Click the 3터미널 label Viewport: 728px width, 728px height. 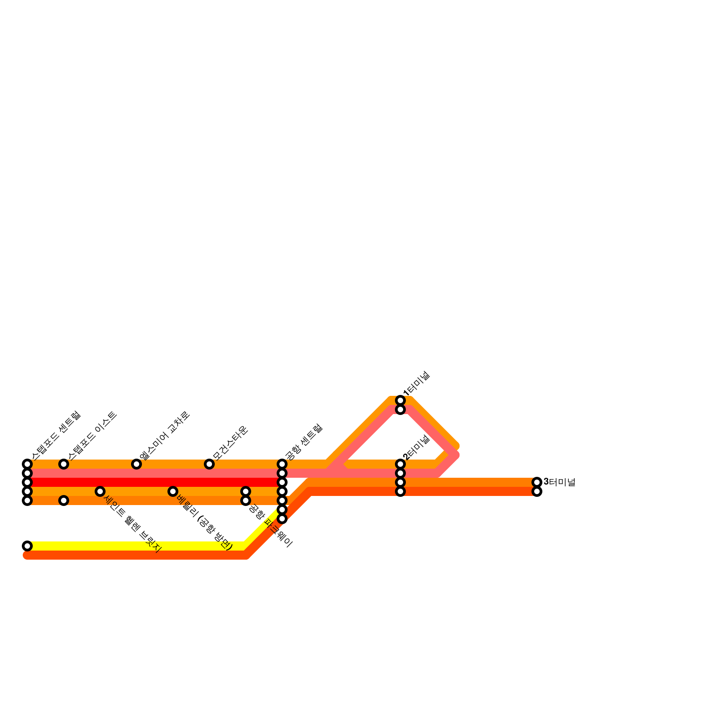[x=560, y=482]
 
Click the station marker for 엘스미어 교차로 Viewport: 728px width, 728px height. [x=136, y=464]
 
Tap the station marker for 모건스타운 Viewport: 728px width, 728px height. [x=209, y=464]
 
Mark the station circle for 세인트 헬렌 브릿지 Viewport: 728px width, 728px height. [x=100, y=491]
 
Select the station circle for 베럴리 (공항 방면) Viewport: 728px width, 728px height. [x=173, y=491]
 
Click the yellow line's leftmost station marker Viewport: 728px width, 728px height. [x=27, y=546]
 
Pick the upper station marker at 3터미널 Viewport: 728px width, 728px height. [x=537, y=482]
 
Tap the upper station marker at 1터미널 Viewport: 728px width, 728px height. [x=400, y=400]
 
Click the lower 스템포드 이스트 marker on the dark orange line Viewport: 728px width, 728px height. [x=64, y=500]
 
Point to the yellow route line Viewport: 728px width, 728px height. [x=136, y=546]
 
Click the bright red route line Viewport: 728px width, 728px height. [x=155, y=482]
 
